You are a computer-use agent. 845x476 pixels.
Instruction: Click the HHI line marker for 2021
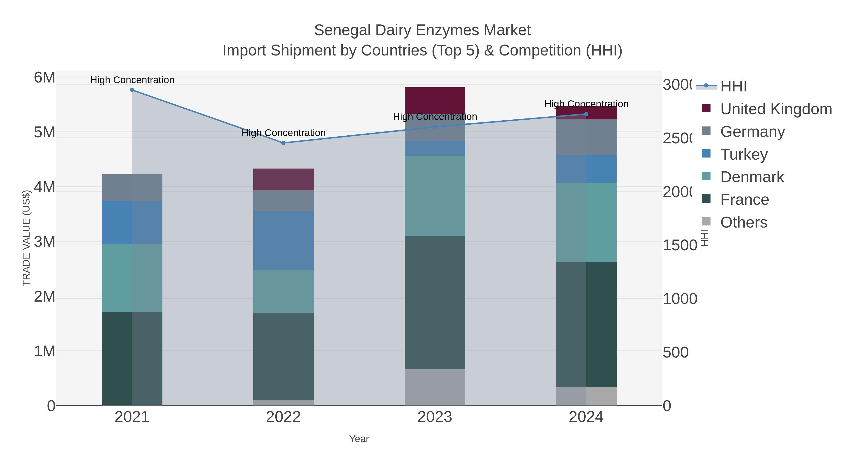pyautogui.click(x=132, y=90)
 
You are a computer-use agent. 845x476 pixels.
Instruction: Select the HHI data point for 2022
pyautogui.click(x=283, y=143)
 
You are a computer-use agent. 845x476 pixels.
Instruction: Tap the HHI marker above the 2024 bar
pyautogui.click(x=586, y=114)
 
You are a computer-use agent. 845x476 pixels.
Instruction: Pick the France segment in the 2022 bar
pyautogui.click(x=283, y=356)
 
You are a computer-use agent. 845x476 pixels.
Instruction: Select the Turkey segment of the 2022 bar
pyautogui.click(x=283, y=241)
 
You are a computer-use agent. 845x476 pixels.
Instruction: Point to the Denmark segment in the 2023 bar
pyautogui.click(x=435, y=196)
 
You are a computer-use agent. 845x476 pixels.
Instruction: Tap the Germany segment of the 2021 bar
pyautogui.click(x=132, y=187)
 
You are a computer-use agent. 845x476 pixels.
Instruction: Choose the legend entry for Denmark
pyautogui.click(x=752, y=177)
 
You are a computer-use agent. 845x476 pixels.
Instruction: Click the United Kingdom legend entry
pyautogui.click(x=776, y=109)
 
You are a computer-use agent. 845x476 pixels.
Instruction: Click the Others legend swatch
pyautogui.click(x=706, y=222)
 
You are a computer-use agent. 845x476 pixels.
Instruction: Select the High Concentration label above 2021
pyautogui.click(x=132, y=80)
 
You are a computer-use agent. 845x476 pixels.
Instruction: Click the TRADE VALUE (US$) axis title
pyautogui.click(x=26, y=238)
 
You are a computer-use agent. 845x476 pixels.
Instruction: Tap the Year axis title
pyautogui.click(x=359, y=439)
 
